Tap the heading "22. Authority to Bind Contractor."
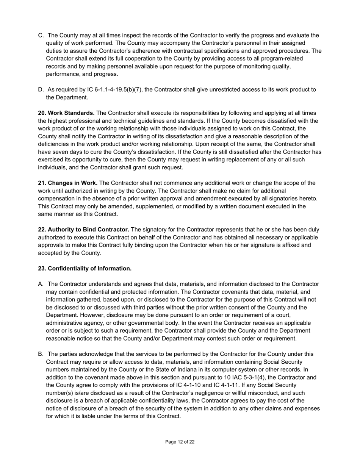tap(83, 230)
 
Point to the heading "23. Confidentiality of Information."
tap(85, 269)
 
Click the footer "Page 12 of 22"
tap(180, 442)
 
